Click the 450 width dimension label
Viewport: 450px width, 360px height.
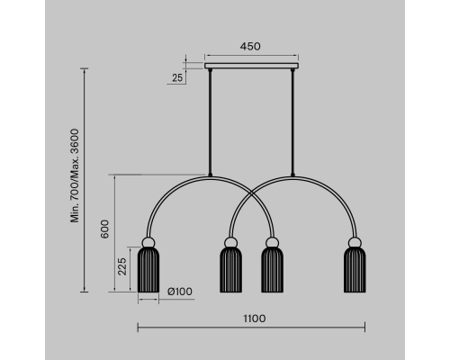pyautogui.click(x=250, y=47)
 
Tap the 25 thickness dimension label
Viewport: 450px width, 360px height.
pyautogui.click(x=177, y=77)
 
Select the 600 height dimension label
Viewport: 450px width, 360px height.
pyautogui.click(x=104, y=229)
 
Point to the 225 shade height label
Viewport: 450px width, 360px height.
pyautogui.click(x=122, y=266)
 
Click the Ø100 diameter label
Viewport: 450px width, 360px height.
pyautogui.click(x=180, y=292)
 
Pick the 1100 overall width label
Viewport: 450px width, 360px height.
pyautogui.click(x=255, y=319)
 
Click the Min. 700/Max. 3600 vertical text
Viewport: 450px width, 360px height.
pyautogui.click(x=75, y=175)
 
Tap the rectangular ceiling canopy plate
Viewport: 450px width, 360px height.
pyautogui.click(x=252, y=66)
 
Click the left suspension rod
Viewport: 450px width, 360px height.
pyautogui.click(x=210, y=122)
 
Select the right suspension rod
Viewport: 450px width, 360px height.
pyautogui.click(x=292, y=122)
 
